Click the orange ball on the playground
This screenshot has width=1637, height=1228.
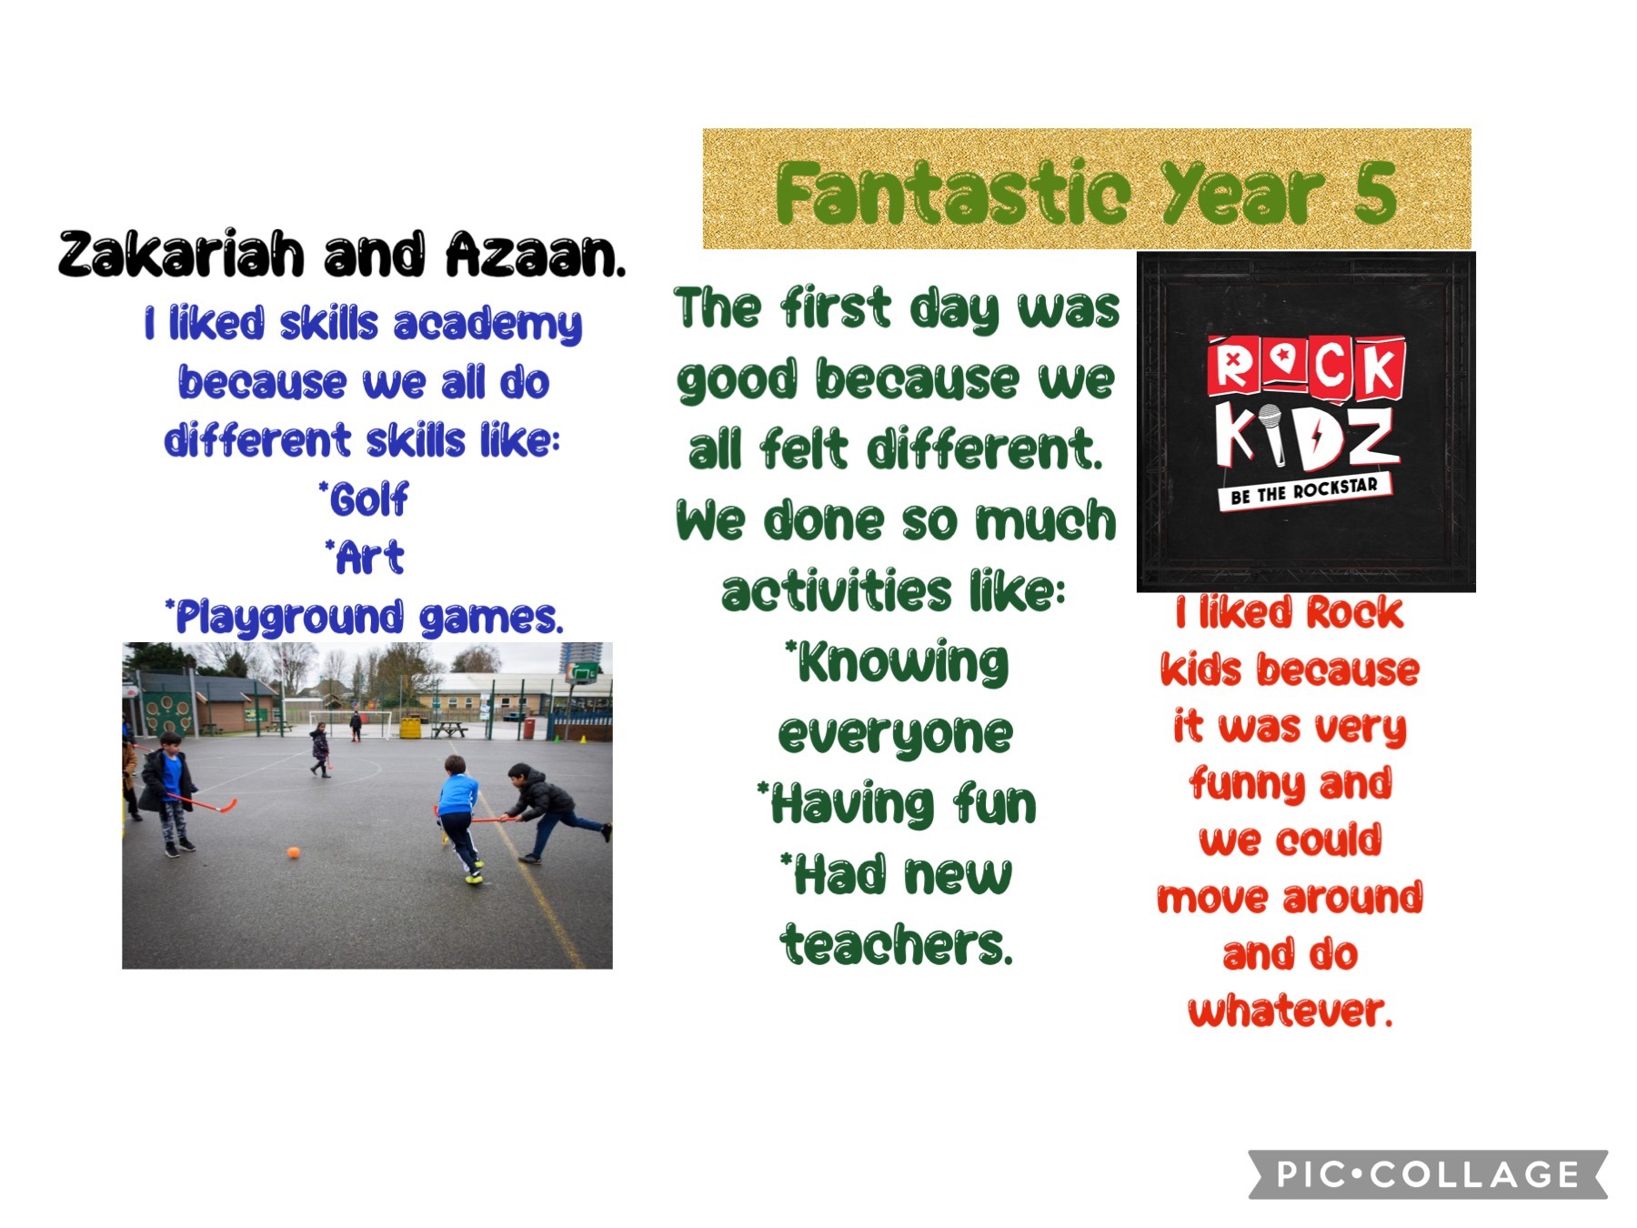(293, 852)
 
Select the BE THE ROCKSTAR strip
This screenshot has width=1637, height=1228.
(1304, 492)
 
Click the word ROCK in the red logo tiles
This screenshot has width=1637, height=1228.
(1305, 367)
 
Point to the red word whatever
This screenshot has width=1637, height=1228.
(1290, 1011)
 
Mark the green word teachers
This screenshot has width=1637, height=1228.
(896, 945)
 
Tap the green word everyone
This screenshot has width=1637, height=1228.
(895, 734)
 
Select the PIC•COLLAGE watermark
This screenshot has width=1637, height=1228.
(1428, 1174)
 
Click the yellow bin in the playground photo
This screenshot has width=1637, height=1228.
(411, 728)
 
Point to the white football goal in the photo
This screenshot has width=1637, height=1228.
(350, 724)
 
